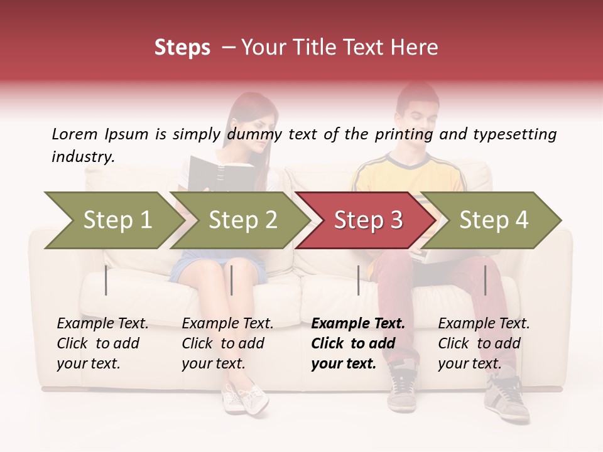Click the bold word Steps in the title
point(182,48)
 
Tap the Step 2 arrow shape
point(241,220)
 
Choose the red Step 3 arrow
point(367,220)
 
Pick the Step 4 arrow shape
point(494,220)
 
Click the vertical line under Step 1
point(106,280)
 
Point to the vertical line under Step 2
point(232,280)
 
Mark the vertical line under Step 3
point(358,280)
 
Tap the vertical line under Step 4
point(485,280)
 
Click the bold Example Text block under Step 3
point(358,343)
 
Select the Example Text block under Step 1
point(102,343)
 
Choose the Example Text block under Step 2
point(227,343)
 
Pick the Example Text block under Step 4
point(484,343)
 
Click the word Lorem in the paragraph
point(74,134)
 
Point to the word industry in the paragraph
point(83,157)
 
